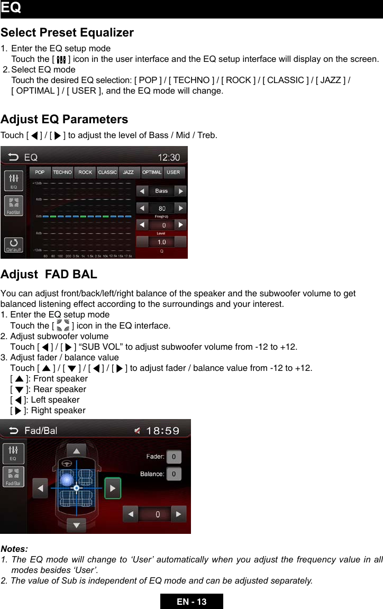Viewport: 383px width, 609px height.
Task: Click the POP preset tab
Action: pos(40,172)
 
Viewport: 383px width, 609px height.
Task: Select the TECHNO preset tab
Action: pos(62,172)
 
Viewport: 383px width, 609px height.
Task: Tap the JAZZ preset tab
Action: pos(129,172)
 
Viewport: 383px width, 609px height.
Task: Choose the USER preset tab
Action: pos(174,172)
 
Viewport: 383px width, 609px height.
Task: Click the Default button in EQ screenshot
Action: pos(14,244)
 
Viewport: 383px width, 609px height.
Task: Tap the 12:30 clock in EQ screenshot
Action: pos(169,157)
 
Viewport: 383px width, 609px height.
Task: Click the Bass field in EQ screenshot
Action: pos(161,191)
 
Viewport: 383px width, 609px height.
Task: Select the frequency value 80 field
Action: pos(161,208)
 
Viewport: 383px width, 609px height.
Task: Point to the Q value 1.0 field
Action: pos(161,242)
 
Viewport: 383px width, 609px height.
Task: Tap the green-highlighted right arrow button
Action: pos(113,488)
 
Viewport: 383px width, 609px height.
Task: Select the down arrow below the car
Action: pos(77,525)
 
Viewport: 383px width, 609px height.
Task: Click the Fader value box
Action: pos(174,457)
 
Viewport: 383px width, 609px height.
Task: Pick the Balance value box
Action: pos(174,474)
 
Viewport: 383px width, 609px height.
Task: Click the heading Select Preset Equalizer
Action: pos(67,33)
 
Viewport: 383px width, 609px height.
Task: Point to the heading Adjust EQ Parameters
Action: pos(64,119)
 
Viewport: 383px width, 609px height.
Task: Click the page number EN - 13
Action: pos(191,602)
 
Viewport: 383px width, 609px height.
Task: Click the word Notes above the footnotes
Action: pos(14,549)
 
